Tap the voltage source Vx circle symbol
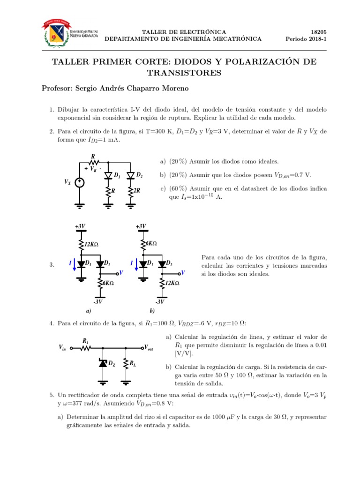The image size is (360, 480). point(80,183)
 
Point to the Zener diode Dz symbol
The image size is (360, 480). point(103,362)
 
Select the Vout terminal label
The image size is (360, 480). point(149,348)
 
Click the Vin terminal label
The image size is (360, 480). point(62,348)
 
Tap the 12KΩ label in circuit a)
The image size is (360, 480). point(92,244)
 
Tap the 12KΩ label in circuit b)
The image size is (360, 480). point(172,283)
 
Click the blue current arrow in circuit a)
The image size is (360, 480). point(74,265)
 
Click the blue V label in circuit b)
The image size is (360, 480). point(183,272)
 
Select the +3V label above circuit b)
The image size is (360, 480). point(141,226)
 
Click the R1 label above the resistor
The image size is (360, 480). point(86,341)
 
